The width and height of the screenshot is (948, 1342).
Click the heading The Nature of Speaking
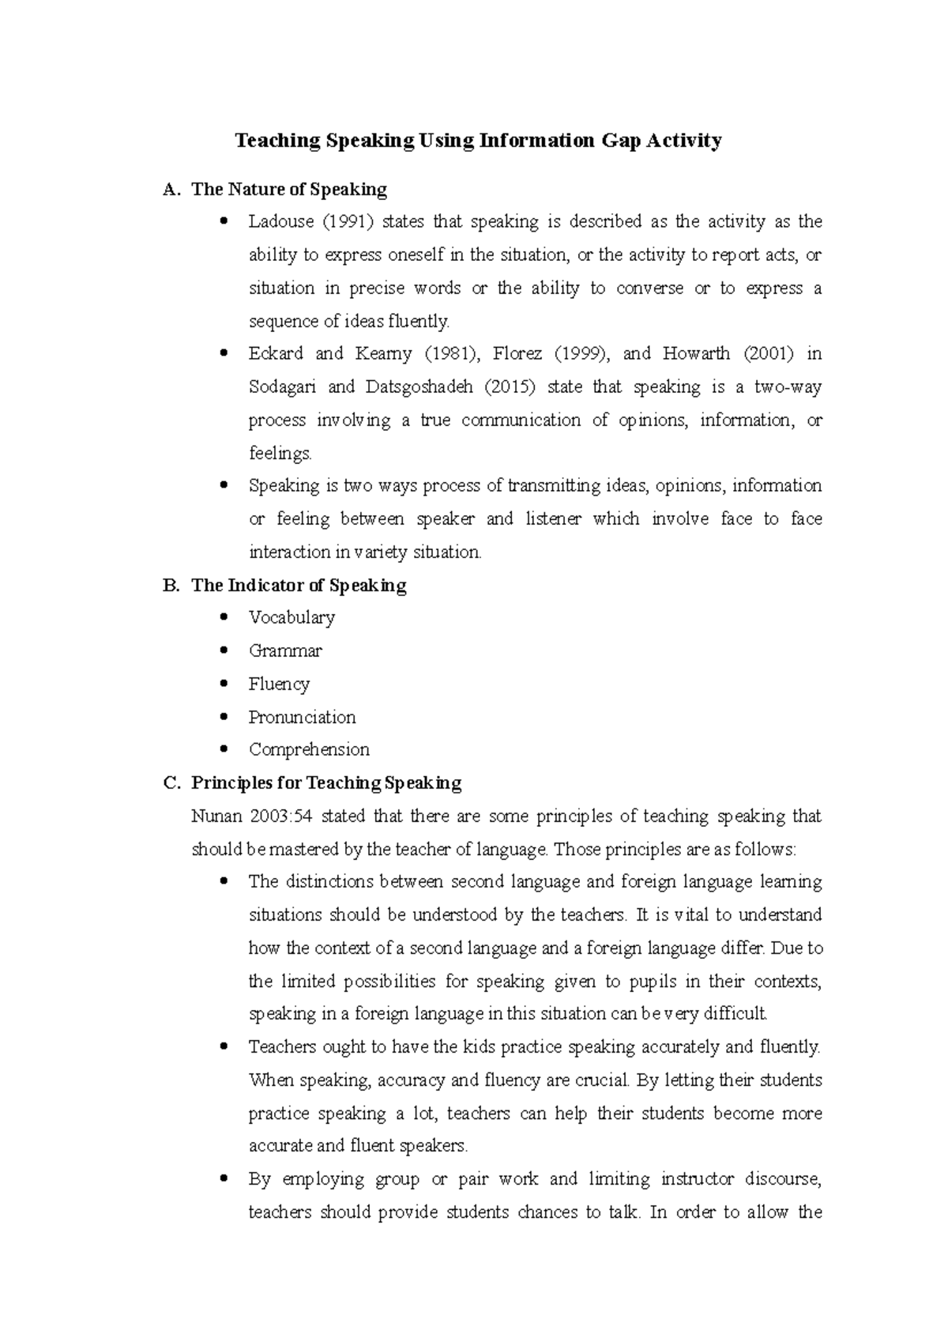tap(289, 190)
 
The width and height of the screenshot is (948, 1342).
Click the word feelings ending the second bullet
tap(280, 454)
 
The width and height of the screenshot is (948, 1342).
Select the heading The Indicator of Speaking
tap(299, 586)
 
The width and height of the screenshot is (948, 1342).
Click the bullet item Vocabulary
tap(292, 618)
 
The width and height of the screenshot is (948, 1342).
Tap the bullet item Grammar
tap(285, 651)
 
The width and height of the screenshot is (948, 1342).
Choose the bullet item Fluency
tap(279, 684)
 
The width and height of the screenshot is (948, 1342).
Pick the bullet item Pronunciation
tap(302, 718)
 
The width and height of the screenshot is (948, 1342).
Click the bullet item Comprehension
tap(309, 750)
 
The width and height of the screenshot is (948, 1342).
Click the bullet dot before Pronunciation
tap(226, 717)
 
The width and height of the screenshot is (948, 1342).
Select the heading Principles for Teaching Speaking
tap(325, 783)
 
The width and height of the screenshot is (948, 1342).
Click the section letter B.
tap(169, 586)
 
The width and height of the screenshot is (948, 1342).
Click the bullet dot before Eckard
tap(226, 353)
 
